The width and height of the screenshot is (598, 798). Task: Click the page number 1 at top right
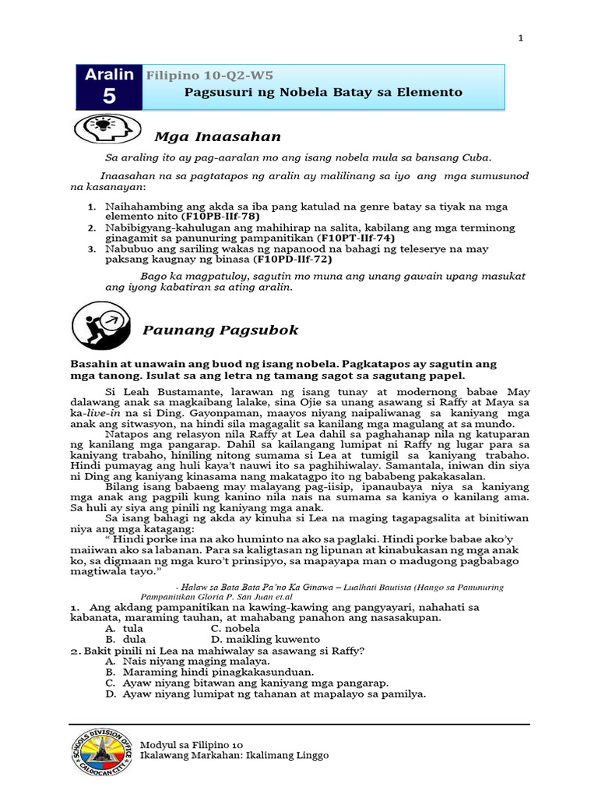[x=521, y=38]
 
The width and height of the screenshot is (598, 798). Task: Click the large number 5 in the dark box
[x=107, y=97]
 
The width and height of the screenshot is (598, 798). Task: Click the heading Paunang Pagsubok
[x=220, y=330]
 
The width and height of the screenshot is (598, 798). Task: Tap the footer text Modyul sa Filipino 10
[x=192, y=744]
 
